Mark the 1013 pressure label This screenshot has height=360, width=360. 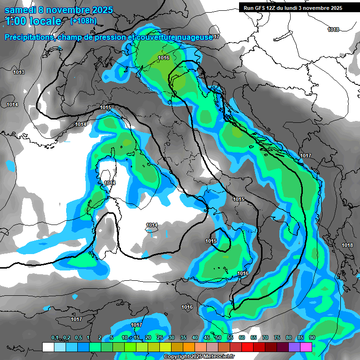[19, 72]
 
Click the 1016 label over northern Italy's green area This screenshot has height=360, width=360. [164, 58]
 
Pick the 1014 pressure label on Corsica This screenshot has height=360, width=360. [110, 183]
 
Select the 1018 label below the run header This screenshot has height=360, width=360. [333, 30]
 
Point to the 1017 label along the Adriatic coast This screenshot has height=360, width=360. [306, 156]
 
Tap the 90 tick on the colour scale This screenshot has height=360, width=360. [312, 338]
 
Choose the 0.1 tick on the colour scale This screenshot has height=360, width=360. [54, 338]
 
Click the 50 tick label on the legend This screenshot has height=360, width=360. [218, 338]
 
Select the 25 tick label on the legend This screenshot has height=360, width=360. [160, 338]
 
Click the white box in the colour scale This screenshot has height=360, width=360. [48, 347]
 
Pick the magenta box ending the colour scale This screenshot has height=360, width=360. [306, 347]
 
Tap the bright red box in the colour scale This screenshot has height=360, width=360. [247, 347]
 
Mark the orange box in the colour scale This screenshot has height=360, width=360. [189, 347]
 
